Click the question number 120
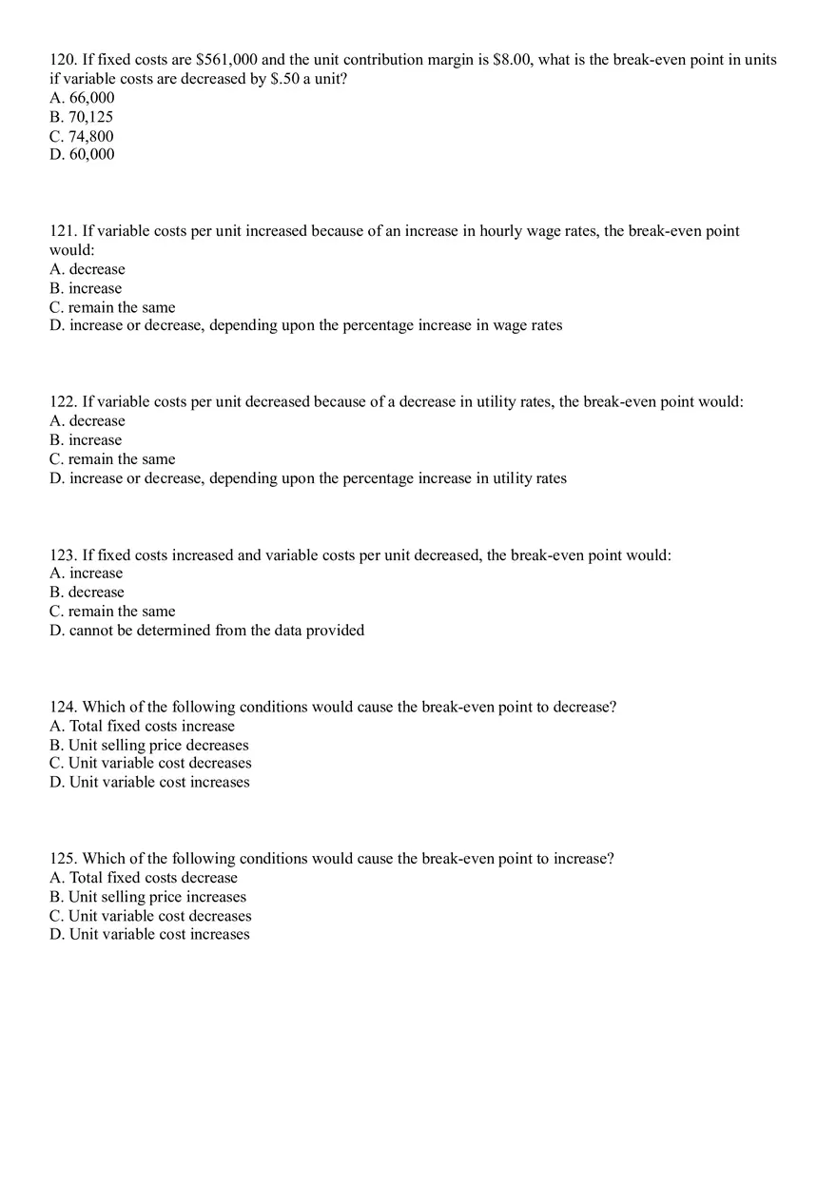click(63, 60)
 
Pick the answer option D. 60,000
click(82, 154)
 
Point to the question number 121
click(63, 231)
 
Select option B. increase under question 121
click(86, 288)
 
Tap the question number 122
click(63, 402)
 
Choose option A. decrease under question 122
click(87, 421)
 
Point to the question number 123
click(63, 555)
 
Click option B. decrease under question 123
click(87, 593)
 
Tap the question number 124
click(63, 708)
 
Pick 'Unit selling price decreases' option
click(148, 746)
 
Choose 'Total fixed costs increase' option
click(142, 727)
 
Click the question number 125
click(63, 859)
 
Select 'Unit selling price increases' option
click(147, 897)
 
